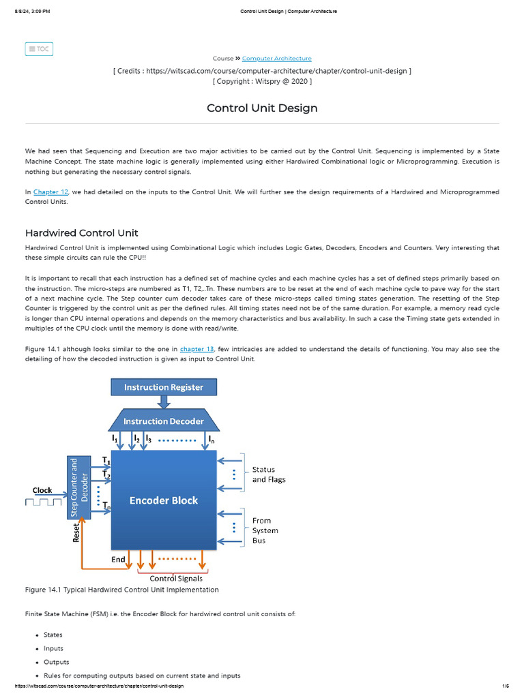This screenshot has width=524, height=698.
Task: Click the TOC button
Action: point(39,49)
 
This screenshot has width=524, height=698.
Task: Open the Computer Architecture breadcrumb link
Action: point(276,59)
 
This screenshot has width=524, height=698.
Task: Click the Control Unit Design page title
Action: point(262,108)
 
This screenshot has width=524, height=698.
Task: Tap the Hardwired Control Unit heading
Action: point(81,233)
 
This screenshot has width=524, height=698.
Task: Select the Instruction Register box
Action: point(164,387)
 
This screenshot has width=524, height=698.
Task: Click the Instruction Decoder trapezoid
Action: point(164,421)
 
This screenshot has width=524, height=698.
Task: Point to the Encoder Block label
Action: point(164,500)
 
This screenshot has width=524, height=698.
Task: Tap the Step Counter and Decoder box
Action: point(80,487)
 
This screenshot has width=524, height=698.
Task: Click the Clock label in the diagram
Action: point(42,490)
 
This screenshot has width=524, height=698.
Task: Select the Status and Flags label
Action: point(269,474)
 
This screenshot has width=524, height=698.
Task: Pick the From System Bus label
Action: point(265,530)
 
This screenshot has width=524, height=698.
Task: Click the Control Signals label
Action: point(175,579)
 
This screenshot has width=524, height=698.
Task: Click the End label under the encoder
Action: point(118,560)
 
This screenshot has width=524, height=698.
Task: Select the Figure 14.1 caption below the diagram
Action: point(122,590)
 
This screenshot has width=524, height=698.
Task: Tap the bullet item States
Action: point(53,635)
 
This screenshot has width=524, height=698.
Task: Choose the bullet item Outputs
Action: point(56,662)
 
